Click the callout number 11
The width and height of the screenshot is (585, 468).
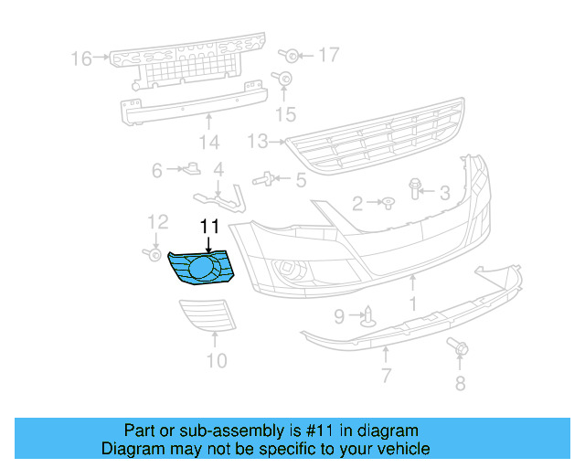210,225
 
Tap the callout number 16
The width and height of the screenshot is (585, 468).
81,59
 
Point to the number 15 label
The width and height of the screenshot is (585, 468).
287,113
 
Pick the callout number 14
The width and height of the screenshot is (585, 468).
209,143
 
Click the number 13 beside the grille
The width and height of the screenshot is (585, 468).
257,142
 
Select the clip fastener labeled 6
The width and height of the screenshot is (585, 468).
192,167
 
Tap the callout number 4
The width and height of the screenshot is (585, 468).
218,170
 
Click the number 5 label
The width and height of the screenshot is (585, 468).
301,179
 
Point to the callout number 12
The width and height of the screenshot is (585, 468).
158,221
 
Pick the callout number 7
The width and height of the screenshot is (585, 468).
386,375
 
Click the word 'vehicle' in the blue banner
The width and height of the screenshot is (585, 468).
400,449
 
